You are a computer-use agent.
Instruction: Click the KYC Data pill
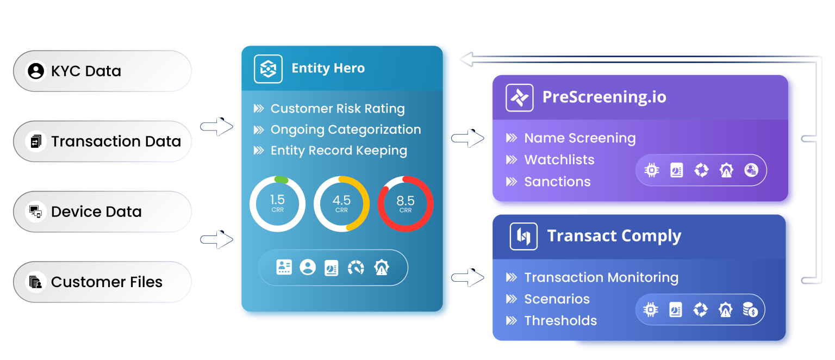click(102, 71)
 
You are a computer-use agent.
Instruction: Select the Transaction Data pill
click(102, 141)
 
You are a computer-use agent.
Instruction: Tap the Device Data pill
click(102, 212)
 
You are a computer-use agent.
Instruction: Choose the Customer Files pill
click(102, 282)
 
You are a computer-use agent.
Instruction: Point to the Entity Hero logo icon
click(268, 69)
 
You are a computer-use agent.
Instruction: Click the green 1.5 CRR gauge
click(277, 204)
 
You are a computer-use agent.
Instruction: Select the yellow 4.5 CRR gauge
click(341, 204)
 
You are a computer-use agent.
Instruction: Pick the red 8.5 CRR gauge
click(406, 204)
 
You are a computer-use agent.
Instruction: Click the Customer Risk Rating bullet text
click(337, 109)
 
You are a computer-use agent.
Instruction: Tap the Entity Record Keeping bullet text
click(338, 151)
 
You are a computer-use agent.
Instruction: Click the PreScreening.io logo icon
click(519, 98)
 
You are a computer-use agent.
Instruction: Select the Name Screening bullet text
click(579, 138)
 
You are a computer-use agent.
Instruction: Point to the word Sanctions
click(557, 182)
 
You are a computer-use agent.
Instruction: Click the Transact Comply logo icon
click(523, 237)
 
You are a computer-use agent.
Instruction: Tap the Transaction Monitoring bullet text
click(601, 277)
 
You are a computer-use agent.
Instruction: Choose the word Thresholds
click(560, 321)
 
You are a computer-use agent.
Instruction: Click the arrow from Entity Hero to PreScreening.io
click(468, 139)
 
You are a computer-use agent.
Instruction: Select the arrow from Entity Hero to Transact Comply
click(468, 278)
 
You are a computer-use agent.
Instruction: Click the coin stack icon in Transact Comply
click(751, 310)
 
